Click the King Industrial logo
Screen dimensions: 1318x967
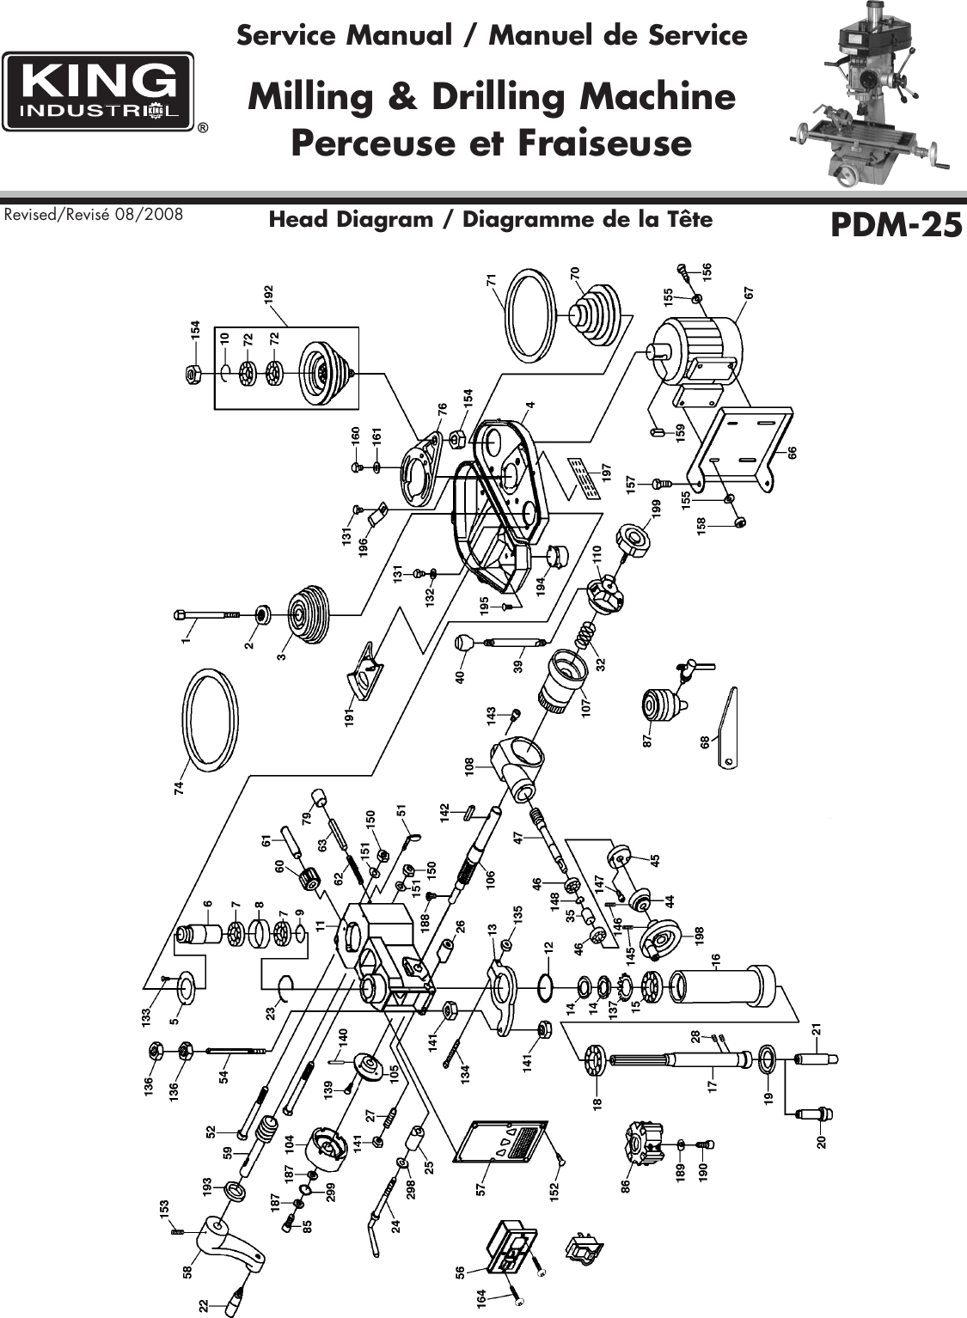click(98, 92)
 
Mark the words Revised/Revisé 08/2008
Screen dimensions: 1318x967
click(94, 214)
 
